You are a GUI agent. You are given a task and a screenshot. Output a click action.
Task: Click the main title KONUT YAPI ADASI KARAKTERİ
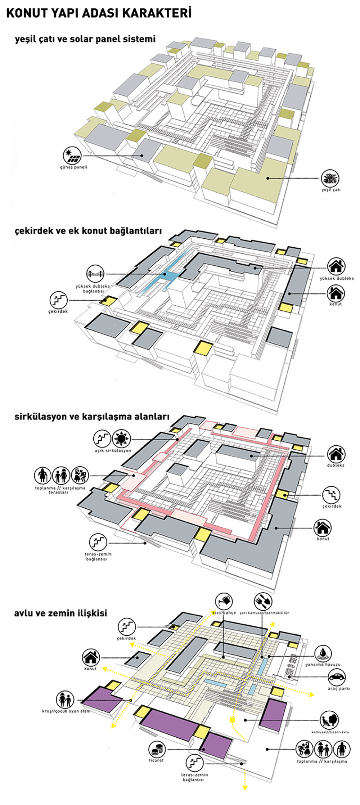99,13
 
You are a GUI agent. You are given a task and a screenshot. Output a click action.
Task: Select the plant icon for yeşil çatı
330,178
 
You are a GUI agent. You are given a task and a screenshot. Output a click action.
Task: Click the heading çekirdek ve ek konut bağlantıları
88,231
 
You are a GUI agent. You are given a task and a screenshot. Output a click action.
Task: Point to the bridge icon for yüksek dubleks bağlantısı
95,274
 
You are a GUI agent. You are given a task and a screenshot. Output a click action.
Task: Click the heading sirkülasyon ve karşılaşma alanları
92,417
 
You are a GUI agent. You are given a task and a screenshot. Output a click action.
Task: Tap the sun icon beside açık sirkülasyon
121,439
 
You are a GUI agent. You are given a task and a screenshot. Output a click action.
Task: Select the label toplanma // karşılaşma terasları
60,490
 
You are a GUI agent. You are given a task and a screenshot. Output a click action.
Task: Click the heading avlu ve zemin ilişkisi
60,613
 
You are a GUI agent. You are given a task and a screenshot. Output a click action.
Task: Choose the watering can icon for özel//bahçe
224,601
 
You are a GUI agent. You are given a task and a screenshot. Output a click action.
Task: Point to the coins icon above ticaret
157,750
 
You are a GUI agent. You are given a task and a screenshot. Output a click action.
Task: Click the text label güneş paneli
73,167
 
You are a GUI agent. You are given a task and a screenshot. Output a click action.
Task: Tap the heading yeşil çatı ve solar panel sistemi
85,39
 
